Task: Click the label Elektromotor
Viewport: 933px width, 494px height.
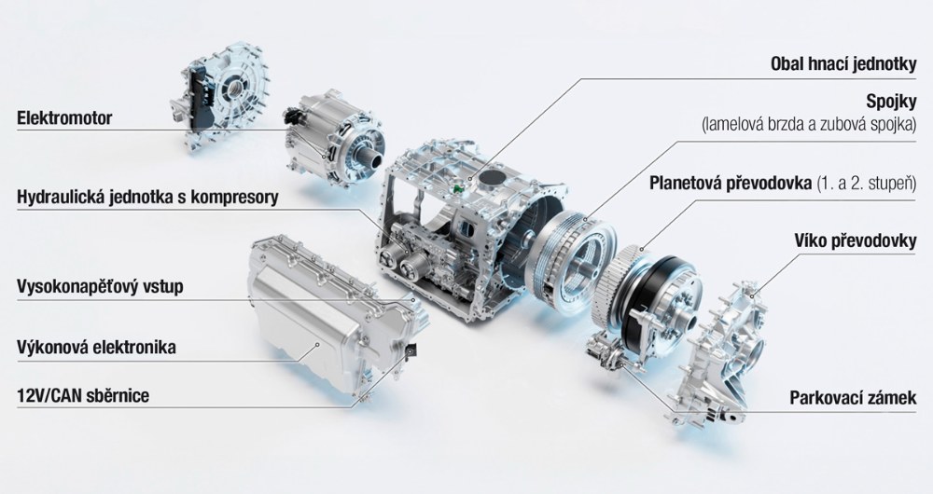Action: click(x=64, y=117)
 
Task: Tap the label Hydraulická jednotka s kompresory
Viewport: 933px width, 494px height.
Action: click(x=147, y=198)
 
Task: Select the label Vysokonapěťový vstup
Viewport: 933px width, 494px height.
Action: click(x=100, y=286)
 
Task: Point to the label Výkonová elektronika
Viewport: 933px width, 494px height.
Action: click(x=96, y=347)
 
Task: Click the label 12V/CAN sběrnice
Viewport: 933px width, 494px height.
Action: click(x=83, y=395)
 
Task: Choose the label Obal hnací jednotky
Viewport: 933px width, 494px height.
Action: click(x=843, y=64)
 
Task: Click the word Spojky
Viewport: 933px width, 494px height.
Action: click(x=891, y=103)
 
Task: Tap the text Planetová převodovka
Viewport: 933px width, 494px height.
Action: click(x=731, y=183)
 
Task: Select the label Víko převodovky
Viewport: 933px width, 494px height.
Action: click(x=855, y=240)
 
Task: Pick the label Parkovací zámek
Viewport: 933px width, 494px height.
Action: click(x=854, y=397)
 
